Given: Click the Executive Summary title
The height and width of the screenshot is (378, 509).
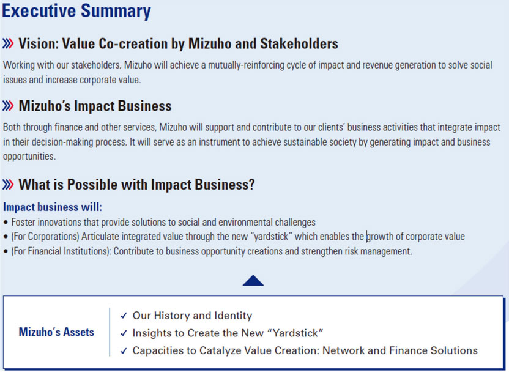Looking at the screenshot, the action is pyautogui.click(x=76, y=11).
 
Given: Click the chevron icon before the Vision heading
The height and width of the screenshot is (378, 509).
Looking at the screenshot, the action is pyautogui.click(x=8, y=43).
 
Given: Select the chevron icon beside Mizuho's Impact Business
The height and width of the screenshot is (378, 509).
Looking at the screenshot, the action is pyautogui.click(x=8, y=106).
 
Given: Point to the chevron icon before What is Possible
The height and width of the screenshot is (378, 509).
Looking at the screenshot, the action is pyautogui.click(x=8, y=185).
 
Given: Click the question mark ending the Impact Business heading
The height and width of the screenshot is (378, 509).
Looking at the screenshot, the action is pyautogui.click(x=251, y=185).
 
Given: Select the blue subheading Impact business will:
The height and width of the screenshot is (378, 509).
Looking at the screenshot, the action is pyautogui.click(x=53, y=207).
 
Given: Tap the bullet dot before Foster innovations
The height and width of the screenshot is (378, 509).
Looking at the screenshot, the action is pyautogui.click(x=6, y=223).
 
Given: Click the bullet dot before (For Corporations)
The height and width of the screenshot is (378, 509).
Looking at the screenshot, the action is pyautogui.click(x=6, y=237).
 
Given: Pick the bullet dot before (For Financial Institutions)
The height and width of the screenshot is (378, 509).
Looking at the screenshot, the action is pyautogui.click(x=6, y=251).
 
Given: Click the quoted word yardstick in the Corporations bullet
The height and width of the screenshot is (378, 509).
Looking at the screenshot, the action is pyautogui.click(x=271, y=237).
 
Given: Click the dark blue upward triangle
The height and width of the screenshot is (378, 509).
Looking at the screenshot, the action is pyautogui.click(x=253, y=280).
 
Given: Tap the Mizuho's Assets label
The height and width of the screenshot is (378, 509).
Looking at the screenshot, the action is pyautogui.click(x=56, y=332).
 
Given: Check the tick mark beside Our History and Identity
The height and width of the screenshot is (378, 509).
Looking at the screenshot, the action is pyautogui.click(x=124, y=316).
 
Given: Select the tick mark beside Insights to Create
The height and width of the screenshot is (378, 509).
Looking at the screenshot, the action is pyautogui.click(x=124, y=333).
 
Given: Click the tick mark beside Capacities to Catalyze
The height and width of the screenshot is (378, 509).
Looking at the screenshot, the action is pyautogui.click(x=124, y=350).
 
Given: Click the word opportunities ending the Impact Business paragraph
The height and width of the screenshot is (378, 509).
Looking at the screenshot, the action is pyautogui.click(x=29, y=157).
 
